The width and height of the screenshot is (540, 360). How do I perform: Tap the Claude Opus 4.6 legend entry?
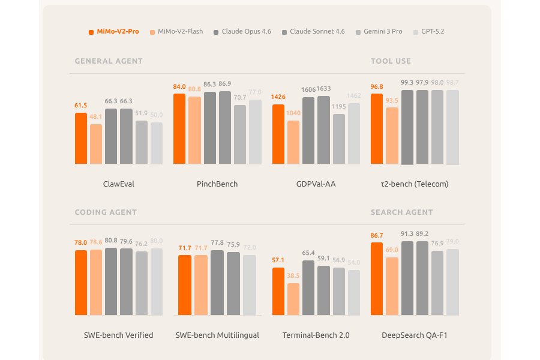coord(242,31)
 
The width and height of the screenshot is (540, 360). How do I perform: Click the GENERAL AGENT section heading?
coord(109,61)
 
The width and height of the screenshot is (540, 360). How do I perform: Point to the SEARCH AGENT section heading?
coord(401,212)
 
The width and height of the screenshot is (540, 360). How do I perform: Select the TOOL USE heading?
coord(391,61)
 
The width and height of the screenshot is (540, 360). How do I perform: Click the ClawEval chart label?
coord(119,184)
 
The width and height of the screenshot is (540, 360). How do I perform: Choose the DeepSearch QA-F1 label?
coord(415,335)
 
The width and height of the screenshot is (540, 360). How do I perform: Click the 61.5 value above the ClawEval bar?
coord(80,106)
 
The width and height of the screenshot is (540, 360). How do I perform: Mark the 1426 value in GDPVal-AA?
coord(278,97)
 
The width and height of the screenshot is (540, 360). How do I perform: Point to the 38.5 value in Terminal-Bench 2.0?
coord(293,275)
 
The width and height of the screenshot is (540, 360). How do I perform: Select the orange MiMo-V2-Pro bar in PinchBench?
coord(179,129)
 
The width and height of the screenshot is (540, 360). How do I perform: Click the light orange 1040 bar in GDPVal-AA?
coord(293,142)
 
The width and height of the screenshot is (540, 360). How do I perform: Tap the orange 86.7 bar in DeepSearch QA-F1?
coord(377,279)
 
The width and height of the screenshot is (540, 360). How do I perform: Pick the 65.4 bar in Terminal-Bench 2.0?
coord(308,288)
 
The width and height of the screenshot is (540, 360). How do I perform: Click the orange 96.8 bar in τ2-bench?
coord(377,129)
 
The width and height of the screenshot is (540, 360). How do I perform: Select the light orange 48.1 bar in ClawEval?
coord(96,144)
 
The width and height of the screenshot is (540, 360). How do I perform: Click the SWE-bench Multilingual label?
coord(217,335)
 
